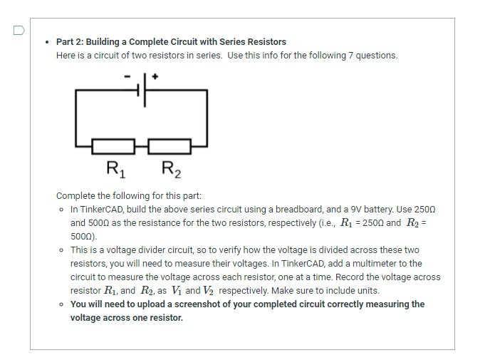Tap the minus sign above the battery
click(127, 74)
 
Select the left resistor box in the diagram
click(114, 147)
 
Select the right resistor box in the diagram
click(169, 147)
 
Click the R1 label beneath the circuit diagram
click(114, 170)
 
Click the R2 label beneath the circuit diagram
click(171, 170)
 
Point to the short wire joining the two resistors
click(142, 147)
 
